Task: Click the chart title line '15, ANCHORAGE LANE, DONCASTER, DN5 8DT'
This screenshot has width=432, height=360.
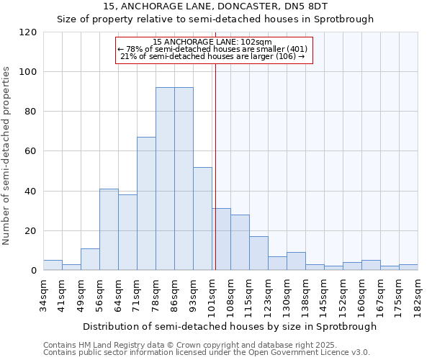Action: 215,6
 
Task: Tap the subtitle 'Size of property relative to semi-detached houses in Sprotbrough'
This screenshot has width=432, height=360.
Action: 215,19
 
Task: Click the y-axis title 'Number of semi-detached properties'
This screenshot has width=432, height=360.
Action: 6,156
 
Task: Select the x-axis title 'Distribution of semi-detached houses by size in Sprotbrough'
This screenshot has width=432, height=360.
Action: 230,326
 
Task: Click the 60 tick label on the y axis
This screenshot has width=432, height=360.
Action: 31,151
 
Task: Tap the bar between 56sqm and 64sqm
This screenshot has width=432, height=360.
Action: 109,230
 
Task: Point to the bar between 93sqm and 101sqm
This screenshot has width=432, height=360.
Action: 202,219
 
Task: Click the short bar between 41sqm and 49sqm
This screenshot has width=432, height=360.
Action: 71,267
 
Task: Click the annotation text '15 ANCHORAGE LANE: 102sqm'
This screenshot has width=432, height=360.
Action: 212,42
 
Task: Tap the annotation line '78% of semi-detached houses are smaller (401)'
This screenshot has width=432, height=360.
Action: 212,49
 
